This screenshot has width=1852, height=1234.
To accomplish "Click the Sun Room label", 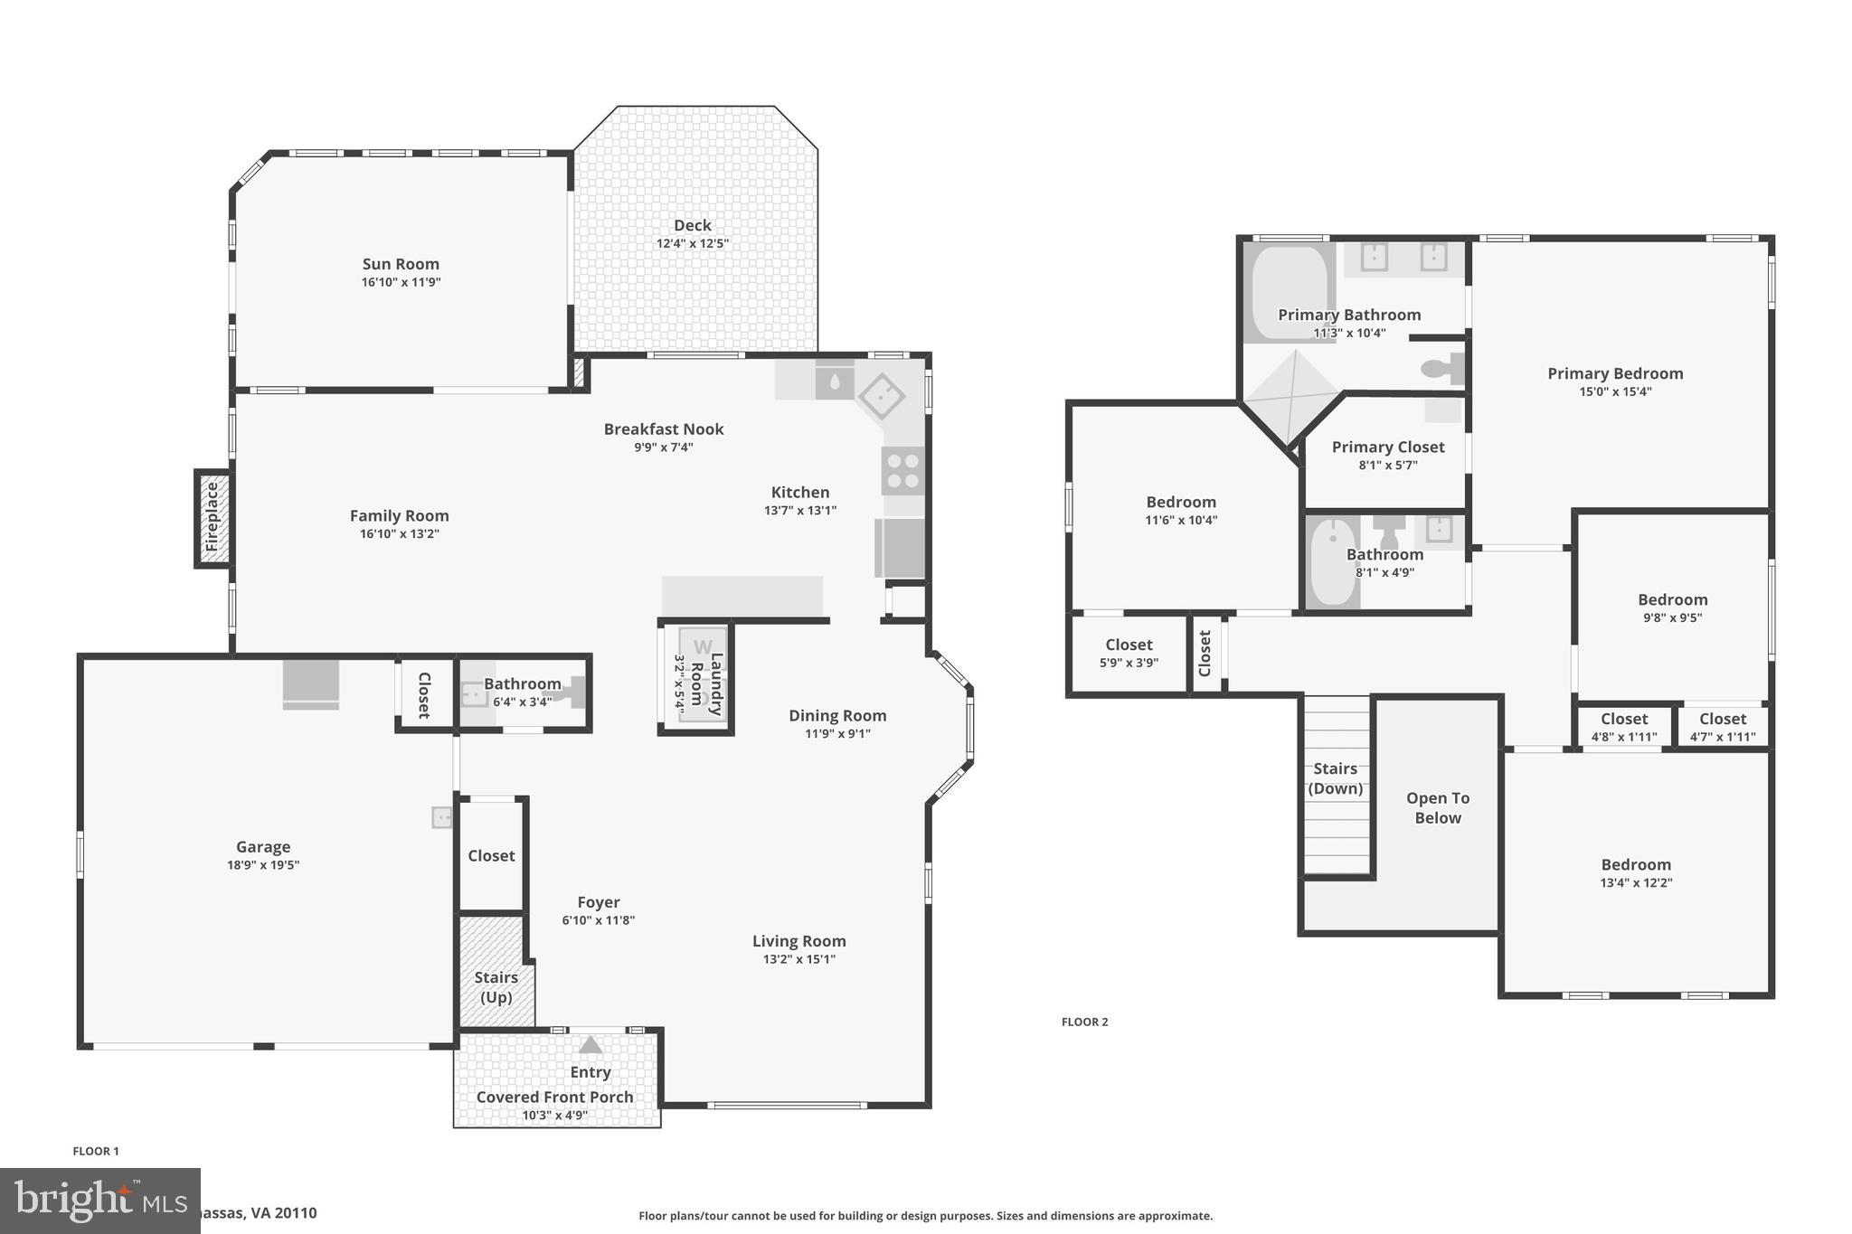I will [401, 264].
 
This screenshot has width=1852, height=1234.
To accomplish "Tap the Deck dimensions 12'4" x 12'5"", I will [692, 244].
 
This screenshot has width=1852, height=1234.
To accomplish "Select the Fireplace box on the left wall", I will [213, 518].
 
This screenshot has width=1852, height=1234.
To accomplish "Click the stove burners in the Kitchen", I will [902, 470].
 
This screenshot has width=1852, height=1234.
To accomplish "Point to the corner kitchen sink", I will [882, 396].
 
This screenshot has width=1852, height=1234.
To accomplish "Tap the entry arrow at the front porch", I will [591, 1045].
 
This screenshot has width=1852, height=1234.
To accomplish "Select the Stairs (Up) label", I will [496, 987].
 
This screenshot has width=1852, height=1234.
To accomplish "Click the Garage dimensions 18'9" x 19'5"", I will [263, 865].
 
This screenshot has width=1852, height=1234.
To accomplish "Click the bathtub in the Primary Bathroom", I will [1288, 291].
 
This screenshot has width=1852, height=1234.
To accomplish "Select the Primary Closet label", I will [1387, 447].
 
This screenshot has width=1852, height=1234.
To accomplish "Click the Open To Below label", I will [1437, 807].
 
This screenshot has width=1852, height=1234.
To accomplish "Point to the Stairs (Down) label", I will [1335, 778].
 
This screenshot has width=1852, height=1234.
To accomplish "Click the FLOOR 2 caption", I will [1084, 1022].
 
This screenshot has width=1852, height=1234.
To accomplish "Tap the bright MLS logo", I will [99, 1201].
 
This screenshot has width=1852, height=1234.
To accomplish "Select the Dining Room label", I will [836, 716].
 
